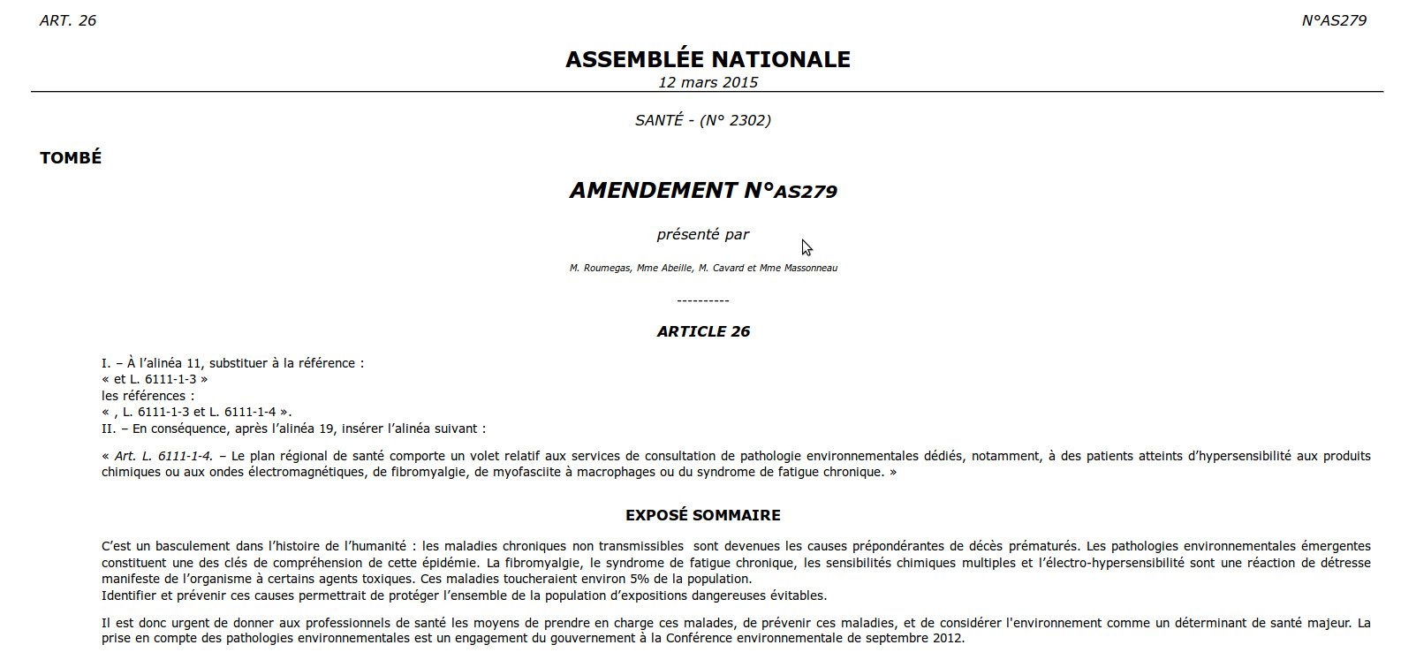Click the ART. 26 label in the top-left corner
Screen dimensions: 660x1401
(x=68, y=20)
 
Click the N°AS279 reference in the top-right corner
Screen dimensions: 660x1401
(x=1334, y=20)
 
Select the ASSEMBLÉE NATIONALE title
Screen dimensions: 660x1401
(x=708, y=59)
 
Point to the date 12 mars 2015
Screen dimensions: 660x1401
(x=708, y=82)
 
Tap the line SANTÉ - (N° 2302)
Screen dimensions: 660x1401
(x=703, y=120)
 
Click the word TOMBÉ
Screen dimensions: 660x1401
(x=71, y=157)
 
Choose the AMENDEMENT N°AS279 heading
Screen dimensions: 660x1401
(x=703, y=191)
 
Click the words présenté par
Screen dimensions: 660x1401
(x=702, y=234)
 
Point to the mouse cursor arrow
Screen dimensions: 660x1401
(x=806, y=247)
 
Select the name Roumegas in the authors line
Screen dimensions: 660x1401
(x=607, y=268)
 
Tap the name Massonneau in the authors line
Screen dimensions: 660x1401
(x=810, y=268)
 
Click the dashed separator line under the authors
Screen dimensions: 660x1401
(x=703, y=301)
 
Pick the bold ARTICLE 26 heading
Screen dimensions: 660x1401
(x=703, y=331)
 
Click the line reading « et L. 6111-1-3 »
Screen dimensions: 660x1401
(x=155, y=379)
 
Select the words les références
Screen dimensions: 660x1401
(x=148, y=396)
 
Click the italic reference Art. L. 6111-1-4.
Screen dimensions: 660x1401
(x=163, y=456)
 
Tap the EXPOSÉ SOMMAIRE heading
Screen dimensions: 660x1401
(x=703, y=515)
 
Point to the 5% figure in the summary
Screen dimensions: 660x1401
(x=639, y=579)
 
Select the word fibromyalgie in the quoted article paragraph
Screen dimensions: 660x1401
(x=429, y=472)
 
